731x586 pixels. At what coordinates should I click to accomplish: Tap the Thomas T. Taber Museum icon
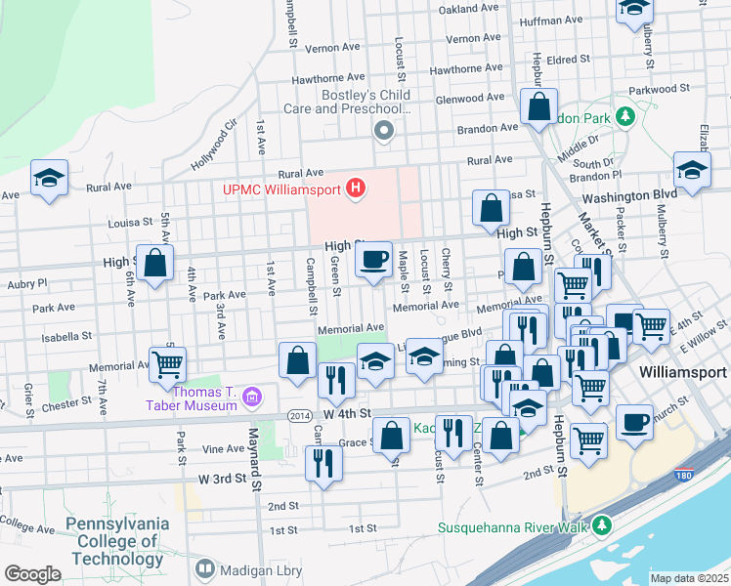(253, 397)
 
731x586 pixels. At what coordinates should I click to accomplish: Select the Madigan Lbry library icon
(205, 568)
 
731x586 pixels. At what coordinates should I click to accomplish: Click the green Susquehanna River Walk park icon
(603, 525)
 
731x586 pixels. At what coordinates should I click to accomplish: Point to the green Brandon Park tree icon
(625, 118)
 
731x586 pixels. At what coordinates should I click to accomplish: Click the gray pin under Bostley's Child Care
(384, 131)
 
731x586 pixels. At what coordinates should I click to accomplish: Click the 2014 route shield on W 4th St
(300, 415)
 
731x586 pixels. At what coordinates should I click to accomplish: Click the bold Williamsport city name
(682, 373)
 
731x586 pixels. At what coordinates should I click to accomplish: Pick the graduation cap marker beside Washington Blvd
(692, 172)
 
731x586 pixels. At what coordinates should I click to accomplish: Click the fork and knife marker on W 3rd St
(324, 463)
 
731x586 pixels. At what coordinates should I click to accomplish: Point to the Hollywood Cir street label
(217, 144)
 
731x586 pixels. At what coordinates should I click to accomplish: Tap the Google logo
(32, 574)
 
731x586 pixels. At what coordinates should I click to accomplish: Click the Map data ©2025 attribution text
(689, 578)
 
